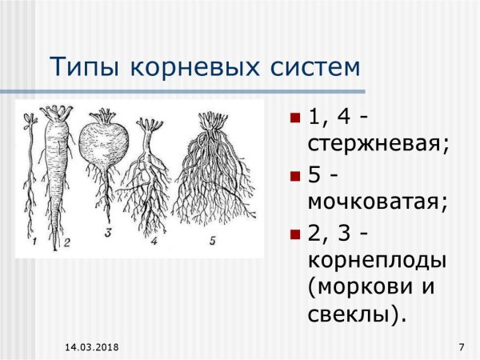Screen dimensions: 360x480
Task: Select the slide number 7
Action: tap(462, 347)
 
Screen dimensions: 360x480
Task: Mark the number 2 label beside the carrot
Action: tap(67, 242)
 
